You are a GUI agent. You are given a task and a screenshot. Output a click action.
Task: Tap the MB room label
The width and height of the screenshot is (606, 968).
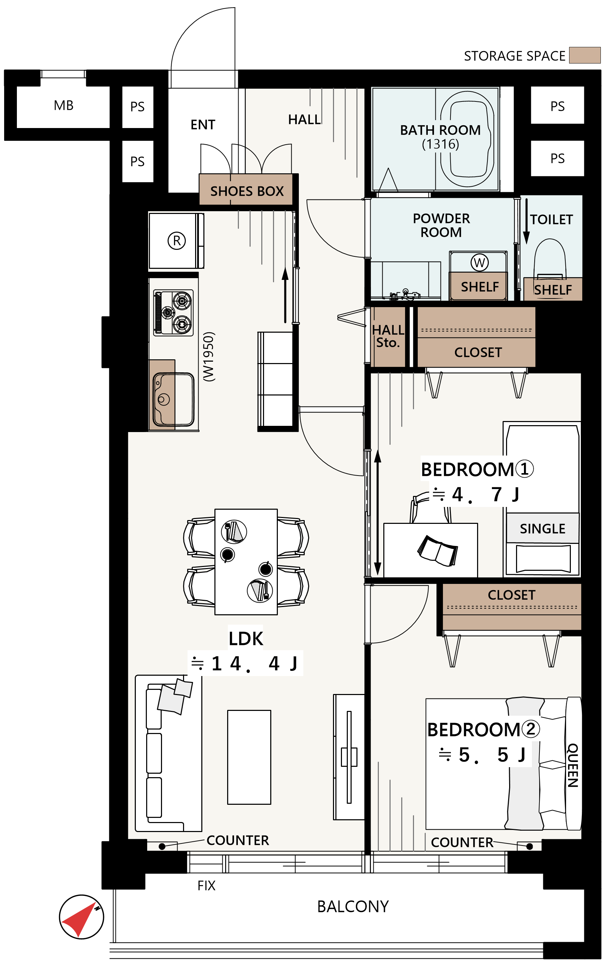[64, 106]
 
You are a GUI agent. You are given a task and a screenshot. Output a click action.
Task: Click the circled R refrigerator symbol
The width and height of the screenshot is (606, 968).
[177, 241]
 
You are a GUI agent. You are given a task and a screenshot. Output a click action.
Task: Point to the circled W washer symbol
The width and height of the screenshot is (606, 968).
[479, 262]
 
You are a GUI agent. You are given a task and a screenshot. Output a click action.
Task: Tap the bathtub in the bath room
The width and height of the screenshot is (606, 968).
[467, 139]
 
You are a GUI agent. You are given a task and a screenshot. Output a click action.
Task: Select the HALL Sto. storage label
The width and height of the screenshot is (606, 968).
[388, 336]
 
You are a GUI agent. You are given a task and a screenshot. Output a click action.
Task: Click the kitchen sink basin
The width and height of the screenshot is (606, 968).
[173, 399]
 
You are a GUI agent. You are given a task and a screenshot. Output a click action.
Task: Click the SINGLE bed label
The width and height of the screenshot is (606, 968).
[542, 529]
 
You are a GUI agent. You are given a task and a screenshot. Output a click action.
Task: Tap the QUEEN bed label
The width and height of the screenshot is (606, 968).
[573, 765]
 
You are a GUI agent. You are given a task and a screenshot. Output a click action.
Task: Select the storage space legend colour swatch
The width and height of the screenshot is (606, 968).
[585, 55]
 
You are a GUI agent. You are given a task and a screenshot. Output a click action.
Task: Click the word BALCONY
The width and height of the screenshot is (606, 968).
[353, 907]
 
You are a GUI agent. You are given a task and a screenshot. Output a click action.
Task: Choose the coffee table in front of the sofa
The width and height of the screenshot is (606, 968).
[249, 757]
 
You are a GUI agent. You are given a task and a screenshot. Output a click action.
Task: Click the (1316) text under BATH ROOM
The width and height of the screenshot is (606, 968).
[440, 144]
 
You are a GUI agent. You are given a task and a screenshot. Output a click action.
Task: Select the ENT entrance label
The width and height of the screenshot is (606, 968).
[203, 125]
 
